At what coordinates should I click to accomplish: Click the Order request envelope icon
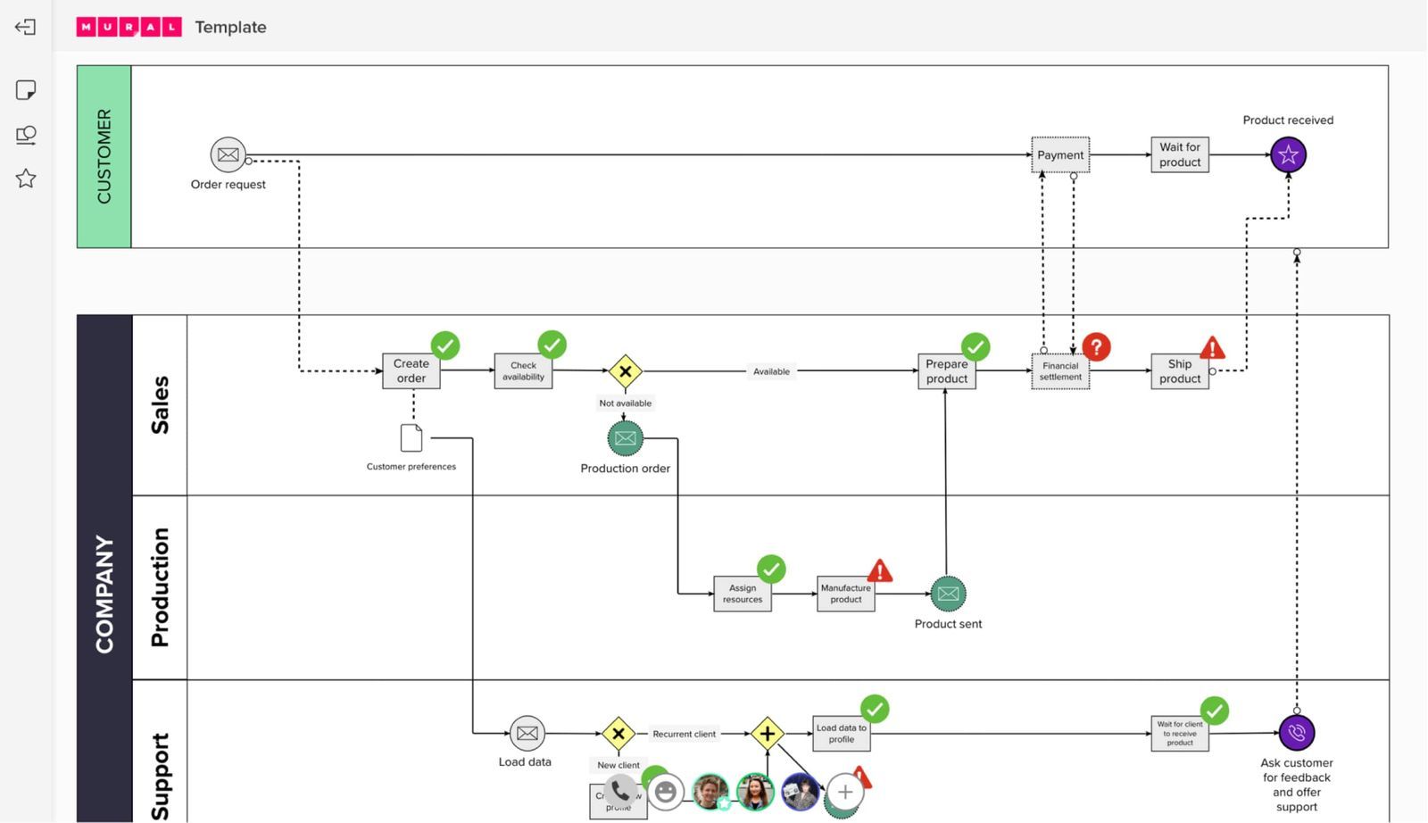(x=228, y=154)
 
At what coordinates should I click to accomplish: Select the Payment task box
(x=1060, y=155)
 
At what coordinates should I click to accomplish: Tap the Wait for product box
(x=1180, y=155)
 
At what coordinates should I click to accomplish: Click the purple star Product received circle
(x=1288, y=155)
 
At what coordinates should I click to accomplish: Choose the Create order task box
(x=411, y=370)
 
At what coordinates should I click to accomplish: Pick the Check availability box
(x=523, y=370)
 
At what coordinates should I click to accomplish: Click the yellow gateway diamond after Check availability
(x=625, y=371)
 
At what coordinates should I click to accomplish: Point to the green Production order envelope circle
(x=625, y=438)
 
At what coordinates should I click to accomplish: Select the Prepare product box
(x=946, y=371)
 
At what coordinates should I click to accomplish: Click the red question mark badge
(x=1096, y=346)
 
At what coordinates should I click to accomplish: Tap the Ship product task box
(x=1180, y=371)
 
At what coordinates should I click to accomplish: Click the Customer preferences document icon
(x=411, y=438)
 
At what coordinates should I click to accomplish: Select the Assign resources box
(x=742, y=594)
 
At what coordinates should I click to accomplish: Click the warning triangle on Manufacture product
(x=880, y=571)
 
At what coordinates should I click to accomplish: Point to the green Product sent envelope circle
(x=948, y=594)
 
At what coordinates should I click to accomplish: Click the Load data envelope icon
(x=527, y=734)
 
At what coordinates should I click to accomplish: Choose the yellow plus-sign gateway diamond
(x=767, y=734)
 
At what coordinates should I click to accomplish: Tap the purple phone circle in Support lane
(x=1296, y=733)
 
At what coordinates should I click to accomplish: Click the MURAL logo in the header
(x=129, y=27)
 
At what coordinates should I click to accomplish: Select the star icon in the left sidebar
(x=26, y=179)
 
